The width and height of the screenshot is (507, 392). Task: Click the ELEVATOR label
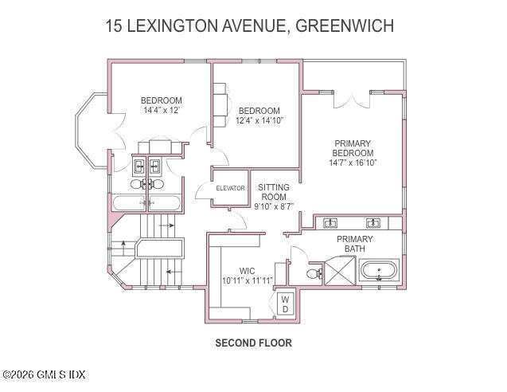pos(230,188)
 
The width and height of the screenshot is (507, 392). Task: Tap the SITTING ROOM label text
pos(273,191)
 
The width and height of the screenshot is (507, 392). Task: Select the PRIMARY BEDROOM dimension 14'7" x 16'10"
pos(352,163)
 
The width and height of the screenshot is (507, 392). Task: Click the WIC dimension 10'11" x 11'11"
pos(247,280)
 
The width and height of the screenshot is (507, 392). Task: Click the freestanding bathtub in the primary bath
pos(380,271)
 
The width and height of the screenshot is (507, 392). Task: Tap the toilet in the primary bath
pos(315,273)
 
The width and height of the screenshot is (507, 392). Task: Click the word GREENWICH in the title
pos(344,25)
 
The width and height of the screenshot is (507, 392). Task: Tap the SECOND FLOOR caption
pos(253,343)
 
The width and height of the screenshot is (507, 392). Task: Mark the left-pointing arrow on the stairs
pos(170,272)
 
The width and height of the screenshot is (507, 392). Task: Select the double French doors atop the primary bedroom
pos(352,99)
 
